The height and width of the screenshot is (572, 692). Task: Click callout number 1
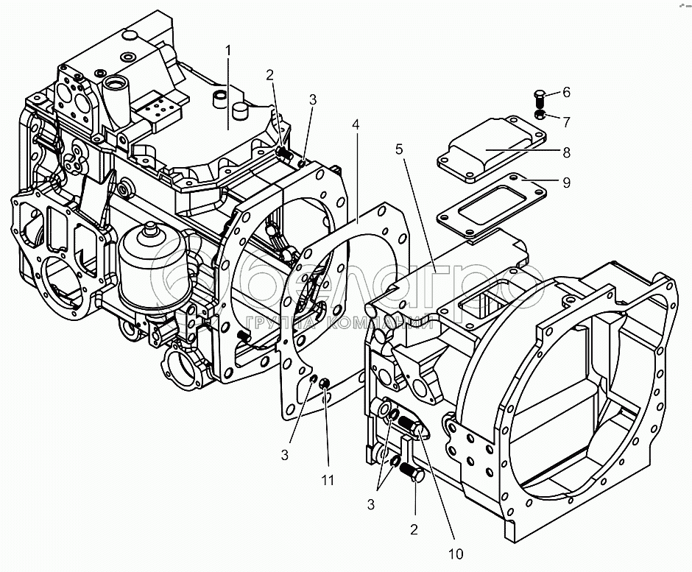coord(228,50)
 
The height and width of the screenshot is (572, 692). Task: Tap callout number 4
coord(356,126)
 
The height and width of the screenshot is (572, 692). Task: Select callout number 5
coord(400,149)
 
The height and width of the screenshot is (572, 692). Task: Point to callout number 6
coord(565,93)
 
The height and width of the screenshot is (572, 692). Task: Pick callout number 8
coord(565,153)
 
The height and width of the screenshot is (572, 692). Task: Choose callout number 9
coord(565,182)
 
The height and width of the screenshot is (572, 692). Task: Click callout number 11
coord(328,481)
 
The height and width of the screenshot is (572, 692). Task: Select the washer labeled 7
coord(540,116)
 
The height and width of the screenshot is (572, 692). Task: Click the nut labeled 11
coord(324,384)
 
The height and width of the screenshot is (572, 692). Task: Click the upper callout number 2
coord(270,74)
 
